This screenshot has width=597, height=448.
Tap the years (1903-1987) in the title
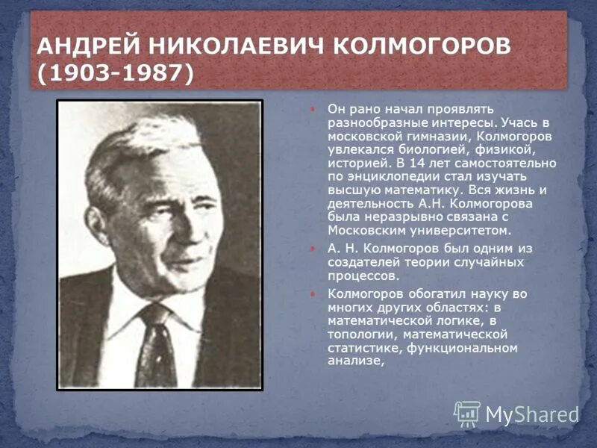pyautogui.click(x=116, y=73)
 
